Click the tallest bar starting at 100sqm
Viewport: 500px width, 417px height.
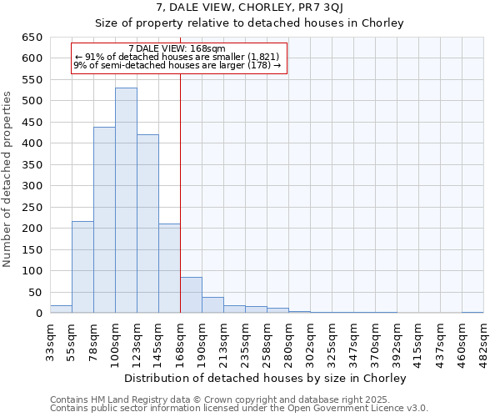126,200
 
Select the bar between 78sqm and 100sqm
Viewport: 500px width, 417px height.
104,220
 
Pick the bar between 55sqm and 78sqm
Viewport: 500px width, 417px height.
82,267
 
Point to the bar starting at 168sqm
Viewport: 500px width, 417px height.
191,295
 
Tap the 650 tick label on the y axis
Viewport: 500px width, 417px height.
32,38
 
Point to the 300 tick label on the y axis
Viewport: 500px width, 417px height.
32,186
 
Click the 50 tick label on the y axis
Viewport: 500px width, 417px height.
34,293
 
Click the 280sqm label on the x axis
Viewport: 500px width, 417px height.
288,341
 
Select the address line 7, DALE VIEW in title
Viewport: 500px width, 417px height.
249,8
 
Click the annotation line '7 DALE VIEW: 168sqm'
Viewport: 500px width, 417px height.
177,49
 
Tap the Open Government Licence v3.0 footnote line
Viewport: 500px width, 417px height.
239,408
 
